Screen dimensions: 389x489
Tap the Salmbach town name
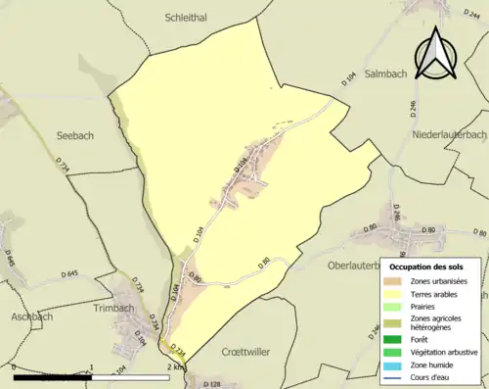coord(388,73)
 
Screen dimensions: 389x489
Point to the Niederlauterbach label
coord(449,133)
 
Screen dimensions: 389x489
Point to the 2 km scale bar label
coord(175,367)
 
